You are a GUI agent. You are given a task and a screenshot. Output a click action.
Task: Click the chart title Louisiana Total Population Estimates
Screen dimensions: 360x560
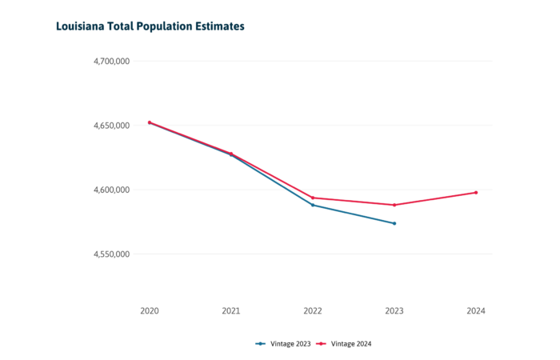(x=150, y=26)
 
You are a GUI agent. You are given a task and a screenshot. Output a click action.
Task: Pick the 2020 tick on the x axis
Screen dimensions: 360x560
(x=150, y=310)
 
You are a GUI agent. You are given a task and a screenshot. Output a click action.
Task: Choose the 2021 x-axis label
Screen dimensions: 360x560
(x=231, y=310)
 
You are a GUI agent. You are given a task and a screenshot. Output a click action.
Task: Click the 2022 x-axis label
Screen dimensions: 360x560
(x=313, y=310)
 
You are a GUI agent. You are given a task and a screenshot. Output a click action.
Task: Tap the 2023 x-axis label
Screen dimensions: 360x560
(x=394, y=310)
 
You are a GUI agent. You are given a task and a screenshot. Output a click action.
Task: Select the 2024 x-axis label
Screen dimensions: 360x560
(x=476, y=310)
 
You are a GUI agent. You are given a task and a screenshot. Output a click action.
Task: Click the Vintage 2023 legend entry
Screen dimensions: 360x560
(x=282, y=343)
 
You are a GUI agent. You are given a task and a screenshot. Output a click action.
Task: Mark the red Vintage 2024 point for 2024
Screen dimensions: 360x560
(x=476, y=192)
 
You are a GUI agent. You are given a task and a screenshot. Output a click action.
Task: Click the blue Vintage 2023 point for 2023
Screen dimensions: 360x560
(x=394, y=223)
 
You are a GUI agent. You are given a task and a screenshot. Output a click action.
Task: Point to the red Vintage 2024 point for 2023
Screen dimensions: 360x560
(x=394, y=205)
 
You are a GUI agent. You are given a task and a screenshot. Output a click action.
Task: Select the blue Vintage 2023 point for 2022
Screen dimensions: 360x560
(x=313, y=205)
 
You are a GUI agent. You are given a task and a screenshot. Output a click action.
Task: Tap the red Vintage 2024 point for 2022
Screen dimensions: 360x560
(x=313, y=198)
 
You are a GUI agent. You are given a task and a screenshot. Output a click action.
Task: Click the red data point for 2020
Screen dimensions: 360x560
(x=150, y=122)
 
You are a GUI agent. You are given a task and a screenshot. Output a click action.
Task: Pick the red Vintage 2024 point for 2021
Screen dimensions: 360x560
(x=231, y=154)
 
